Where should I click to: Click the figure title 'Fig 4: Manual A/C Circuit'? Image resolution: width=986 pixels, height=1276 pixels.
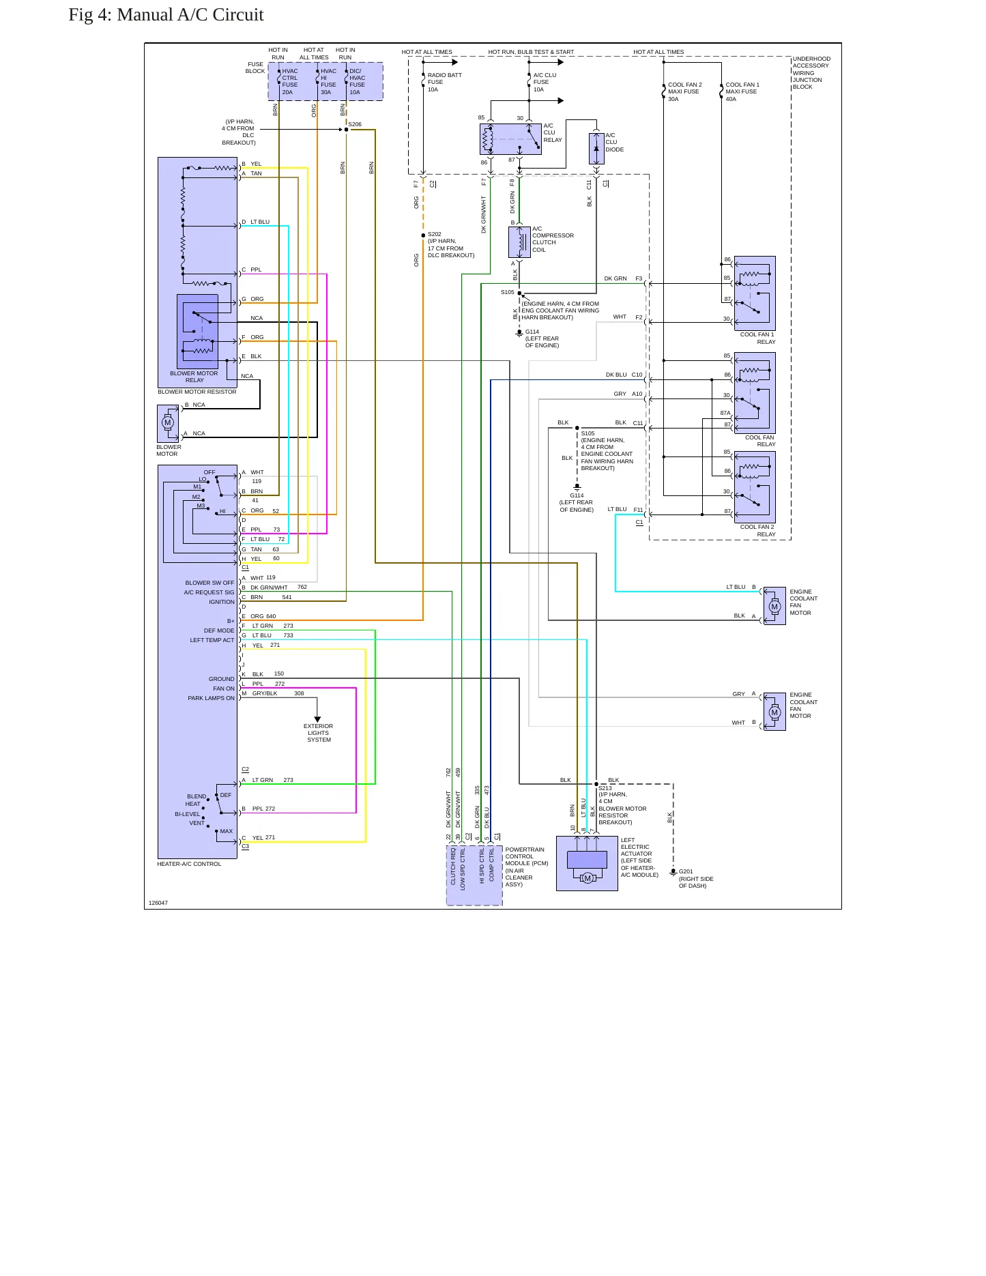(x=166, y=15)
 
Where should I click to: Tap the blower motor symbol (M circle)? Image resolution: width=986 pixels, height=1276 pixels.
(x=168, y=422)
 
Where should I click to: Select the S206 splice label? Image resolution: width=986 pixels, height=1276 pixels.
(x=355, y=124)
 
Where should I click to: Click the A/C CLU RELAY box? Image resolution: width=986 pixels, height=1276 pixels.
(x=510, y=139)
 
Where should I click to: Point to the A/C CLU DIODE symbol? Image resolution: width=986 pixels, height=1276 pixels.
(x=596, y=149)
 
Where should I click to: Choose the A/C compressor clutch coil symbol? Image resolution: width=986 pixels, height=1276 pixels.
(x=519, y=242)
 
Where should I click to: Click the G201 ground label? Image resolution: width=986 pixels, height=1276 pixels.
(x=686, y=871)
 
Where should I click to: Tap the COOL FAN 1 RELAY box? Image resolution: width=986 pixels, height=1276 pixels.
(x=755, y=293)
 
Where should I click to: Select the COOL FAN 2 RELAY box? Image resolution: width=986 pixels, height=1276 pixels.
(x=755, y=487)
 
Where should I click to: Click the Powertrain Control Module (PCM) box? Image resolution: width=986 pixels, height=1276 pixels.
(x=474, y=875)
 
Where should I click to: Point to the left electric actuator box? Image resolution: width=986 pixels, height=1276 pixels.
(x=587, y=863)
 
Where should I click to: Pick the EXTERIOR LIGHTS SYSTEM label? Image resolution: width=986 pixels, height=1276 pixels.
(x=319, y=733)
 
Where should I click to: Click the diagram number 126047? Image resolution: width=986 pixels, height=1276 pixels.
(x=158, y=903)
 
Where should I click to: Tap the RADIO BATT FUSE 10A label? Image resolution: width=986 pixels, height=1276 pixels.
(x=444, y=82)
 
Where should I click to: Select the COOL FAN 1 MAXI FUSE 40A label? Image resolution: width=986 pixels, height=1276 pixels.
(x=742, y=91)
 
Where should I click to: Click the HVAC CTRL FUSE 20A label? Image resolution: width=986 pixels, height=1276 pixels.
(x=290, y=81)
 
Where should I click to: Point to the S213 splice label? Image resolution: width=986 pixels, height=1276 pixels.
(x=605, y=788)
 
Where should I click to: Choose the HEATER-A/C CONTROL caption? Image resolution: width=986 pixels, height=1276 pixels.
(x=189, y=864)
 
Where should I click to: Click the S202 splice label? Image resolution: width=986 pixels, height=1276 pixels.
(x=435, y=234)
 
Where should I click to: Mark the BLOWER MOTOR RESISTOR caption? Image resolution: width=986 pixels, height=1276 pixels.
(x=197, y=392)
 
